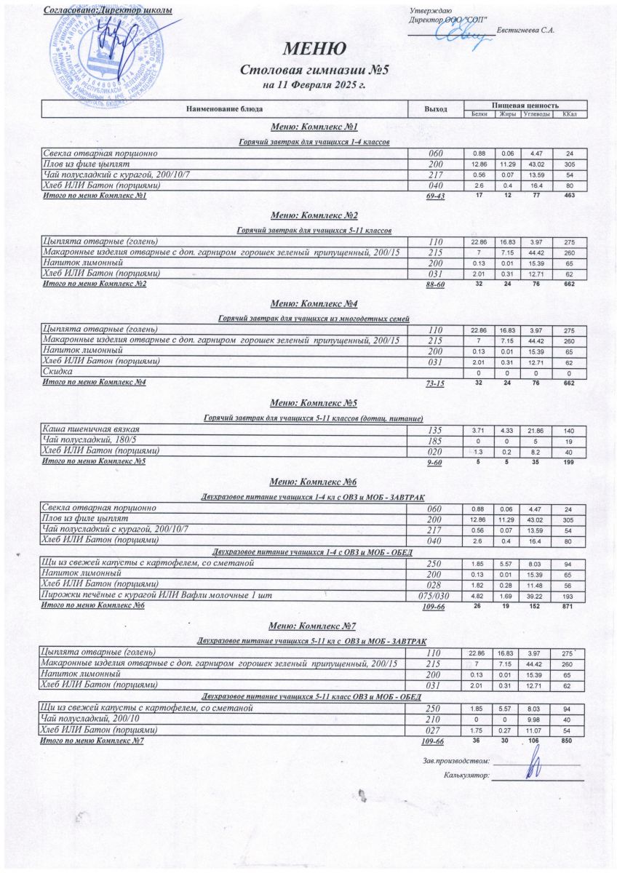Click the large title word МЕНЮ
pyautogui.click(x=314, y=49)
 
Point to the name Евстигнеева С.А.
pyautogui.click(x=526, y=30)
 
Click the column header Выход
pyautogui.click(x=435, y=109)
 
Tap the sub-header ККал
pyautogui.click(x=570, y=114)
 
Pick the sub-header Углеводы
pyautogui.click(x=537, y=114)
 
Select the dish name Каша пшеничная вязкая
pyautogui.click(x=91, y=431)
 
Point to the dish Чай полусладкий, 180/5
pyautogui.click(x=92, y=441)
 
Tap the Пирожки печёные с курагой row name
pyautogui.click(x=157, y=595)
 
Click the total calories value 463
pyautogui.click(x=569, y=196)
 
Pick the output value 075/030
pyautogui.click(x=434, y=595)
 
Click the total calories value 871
pyautogui.click(x=569, y=605)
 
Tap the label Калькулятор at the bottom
pyautogui.click(x=466, y=776)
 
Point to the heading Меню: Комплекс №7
pyautogui.click(x=312, y=626)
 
